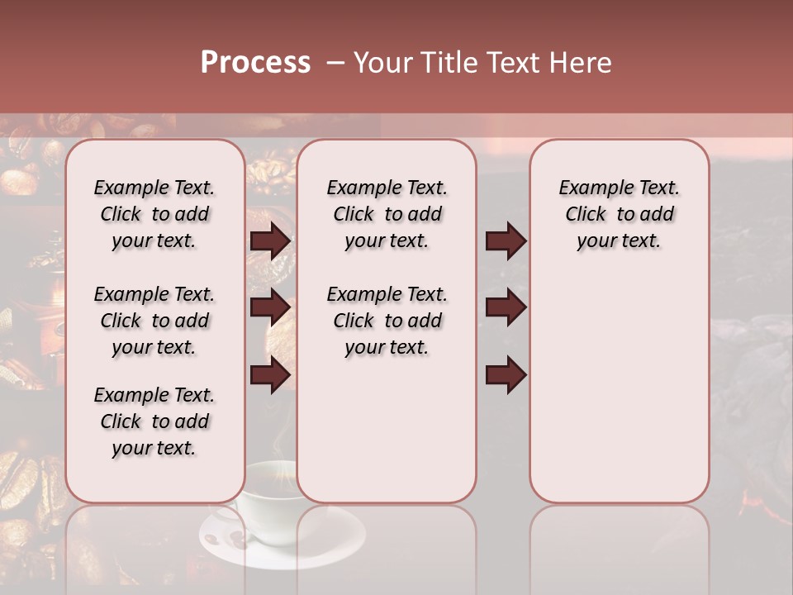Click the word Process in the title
click(255, 63)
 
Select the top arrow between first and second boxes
click(270, 241)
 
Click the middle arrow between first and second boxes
click(270, 307)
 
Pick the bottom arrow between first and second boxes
click(270, 374)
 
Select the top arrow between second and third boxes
click(506, 241)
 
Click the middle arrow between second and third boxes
click(506, 307)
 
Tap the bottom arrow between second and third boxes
click(506, 374)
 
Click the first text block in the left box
click(154, 214)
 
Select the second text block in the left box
click(154, 321)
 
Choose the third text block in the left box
click(154, 421)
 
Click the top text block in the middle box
click(387, 214)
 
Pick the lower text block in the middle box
click(387, 321)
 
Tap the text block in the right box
click(619, 214)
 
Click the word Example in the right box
click(592, 188)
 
